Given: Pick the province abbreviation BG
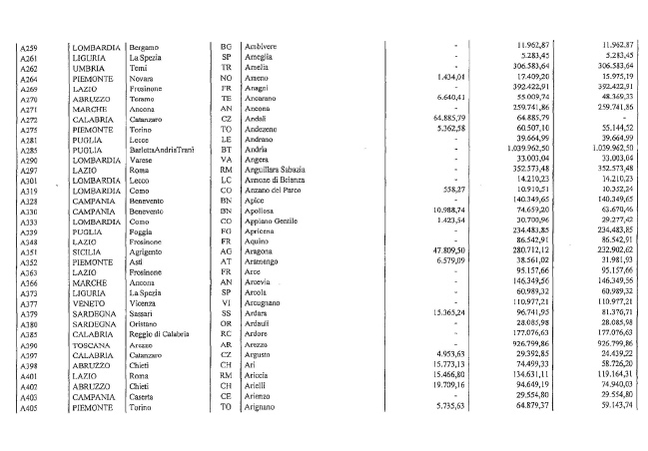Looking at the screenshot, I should click(225, 47).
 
